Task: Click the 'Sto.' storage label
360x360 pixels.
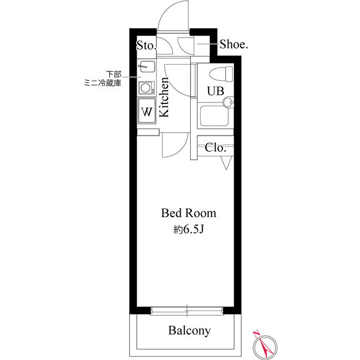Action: click(x=146, y=46)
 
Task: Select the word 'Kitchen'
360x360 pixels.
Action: click(x=164, y=98)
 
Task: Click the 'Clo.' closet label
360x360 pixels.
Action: click(x=215, y=148)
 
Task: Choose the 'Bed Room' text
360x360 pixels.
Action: click(x=188, y=213)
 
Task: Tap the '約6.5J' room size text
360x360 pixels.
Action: click(x=188, y=229)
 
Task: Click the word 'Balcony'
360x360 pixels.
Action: click(x=190, y=330)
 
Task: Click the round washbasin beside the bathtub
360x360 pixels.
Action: click(x=228, y=102)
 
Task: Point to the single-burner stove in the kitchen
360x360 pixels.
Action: click(x=147, y=88)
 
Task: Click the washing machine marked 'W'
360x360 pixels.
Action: click(x=147, y=111)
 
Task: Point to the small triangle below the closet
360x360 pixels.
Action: click(x=227, y=163)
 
